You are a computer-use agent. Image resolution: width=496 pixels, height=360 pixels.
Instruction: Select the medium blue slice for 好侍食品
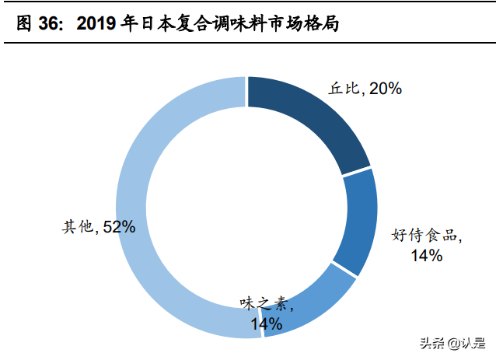pyautogui.click(x=355, y=221)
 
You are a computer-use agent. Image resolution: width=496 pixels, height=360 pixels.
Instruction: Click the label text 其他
pyautogui.click(x=78, y=227)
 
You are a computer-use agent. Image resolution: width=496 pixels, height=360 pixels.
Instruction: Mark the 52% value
pyautogui.click(x=118, y=227)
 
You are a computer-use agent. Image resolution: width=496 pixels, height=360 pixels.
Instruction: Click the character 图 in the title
pyautogui.click(x=24, y=24)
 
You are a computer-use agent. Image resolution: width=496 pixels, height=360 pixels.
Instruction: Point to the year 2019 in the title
pyautogui.click(x=97, y=24)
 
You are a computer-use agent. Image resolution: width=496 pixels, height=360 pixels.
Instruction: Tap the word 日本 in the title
pyautogui.click(x=155, y=24)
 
